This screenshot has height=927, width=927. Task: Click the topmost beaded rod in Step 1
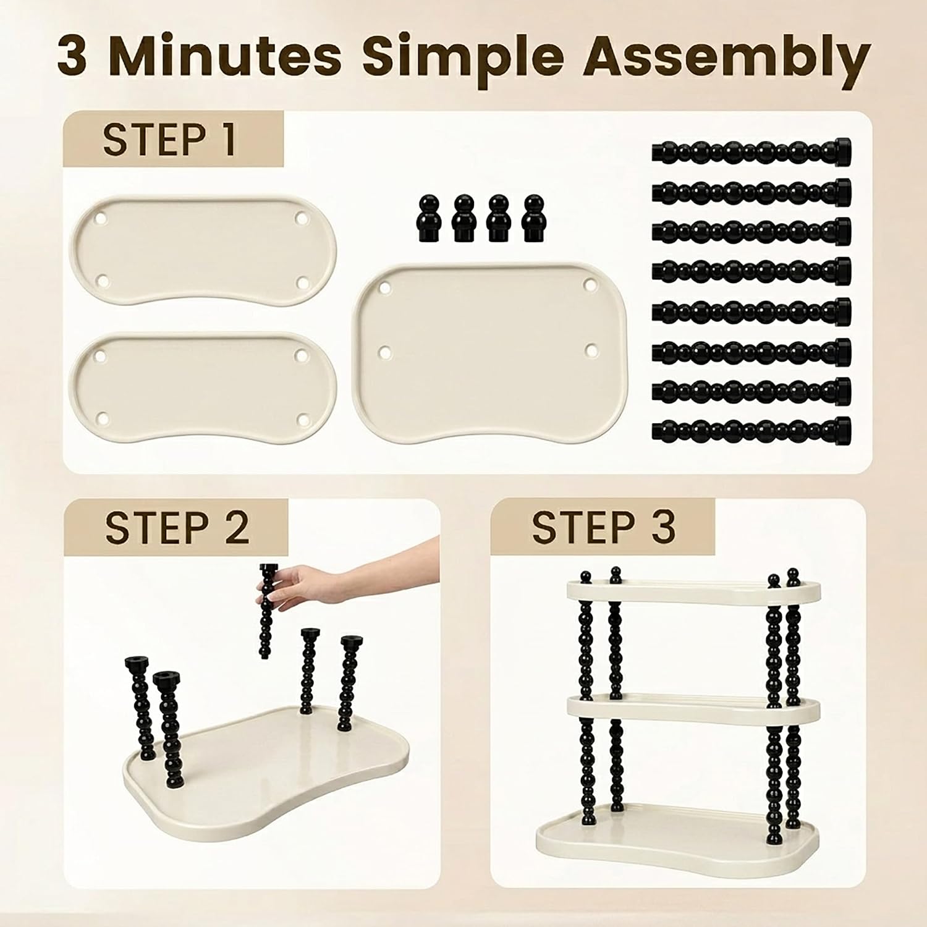click(751, 150)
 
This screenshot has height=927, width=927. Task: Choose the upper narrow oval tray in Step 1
click(203, 250)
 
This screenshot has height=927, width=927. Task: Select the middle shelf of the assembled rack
click(694, 711)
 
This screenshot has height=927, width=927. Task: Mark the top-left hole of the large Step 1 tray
click(385, 288)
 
